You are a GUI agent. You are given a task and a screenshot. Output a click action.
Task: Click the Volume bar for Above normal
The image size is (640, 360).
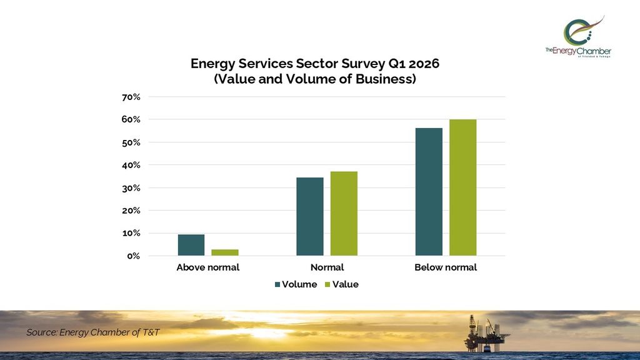(191, 245)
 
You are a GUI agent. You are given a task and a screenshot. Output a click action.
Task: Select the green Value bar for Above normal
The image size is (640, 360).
(225, 252)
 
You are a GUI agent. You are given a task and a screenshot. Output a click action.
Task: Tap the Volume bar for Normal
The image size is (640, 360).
(310, 216)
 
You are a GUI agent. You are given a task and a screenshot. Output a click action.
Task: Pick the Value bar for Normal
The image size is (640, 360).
(344, 213)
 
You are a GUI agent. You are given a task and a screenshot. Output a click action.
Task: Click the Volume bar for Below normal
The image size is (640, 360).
(429, 191)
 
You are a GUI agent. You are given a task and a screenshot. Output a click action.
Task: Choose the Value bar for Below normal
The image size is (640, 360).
(462, 187)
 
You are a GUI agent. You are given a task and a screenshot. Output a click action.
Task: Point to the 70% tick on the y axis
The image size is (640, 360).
(131, 97)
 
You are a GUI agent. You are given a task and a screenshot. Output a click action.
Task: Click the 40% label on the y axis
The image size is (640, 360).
(131, 165)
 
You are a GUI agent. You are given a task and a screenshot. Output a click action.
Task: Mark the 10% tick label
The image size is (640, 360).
(131, 233)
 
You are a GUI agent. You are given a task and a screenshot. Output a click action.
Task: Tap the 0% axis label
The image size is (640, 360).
(134, 256)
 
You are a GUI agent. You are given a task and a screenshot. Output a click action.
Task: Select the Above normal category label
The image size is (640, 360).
(207, 267)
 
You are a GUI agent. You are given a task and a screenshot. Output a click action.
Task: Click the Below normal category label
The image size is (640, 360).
(446, 267)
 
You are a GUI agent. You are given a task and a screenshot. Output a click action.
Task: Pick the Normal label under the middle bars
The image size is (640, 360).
(327, 267)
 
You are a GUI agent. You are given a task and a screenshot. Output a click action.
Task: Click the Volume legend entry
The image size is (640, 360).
(296, 284)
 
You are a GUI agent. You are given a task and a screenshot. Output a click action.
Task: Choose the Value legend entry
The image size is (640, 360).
(341, 284)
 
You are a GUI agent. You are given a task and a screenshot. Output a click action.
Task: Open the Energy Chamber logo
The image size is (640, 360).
(578, 37)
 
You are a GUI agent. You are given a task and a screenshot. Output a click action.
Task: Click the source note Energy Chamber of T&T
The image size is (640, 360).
(92, 332)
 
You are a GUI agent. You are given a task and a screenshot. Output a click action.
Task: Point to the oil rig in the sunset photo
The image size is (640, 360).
(485, 332)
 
